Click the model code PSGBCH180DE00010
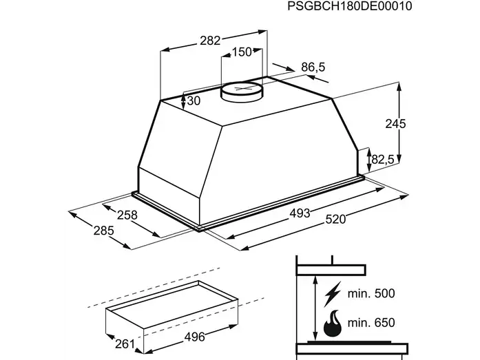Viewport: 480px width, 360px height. coord(350,6)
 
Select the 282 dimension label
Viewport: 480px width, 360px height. coord(210,41)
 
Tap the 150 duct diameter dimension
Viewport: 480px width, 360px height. coord(242,52)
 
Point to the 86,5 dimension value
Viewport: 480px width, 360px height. coord(313,67)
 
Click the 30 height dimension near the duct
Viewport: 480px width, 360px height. coord(194,100)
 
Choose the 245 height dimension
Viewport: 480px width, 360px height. coord(395,124)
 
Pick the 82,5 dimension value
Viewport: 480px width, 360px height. coord(383,160)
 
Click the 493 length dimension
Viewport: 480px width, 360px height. coord(300,213)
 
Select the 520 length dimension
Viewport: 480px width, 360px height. coord(335,219)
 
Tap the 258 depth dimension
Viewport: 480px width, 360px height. coord(127,215)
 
